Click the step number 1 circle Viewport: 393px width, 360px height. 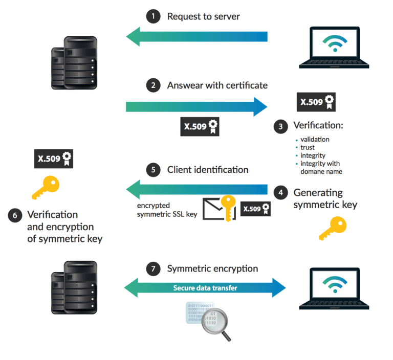(x=152, y=17)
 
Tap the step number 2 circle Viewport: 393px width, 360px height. (x=152, y=85)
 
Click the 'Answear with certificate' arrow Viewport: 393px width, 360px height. (x=197, y=106)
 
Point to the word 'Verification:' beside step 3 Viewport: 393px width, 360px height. (x=318, y=126)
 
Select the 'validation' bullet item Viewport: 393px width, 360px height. (x=315, y=139)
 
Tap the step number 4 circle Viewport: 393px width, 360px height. (x=280, y=193)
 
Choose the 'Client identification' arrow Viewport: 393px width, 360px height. (x=197, y=190)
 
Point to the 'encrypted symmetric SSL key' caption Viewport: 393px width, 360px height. (x=167, y=210)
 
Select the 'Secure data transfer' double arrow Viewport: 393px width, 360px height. (x=205, y=288)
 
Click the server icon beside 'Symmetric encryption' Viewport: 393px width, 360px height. (x=74, y=287)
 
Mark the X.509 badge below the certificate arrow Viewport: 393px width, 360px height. (x=200, y=126)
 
